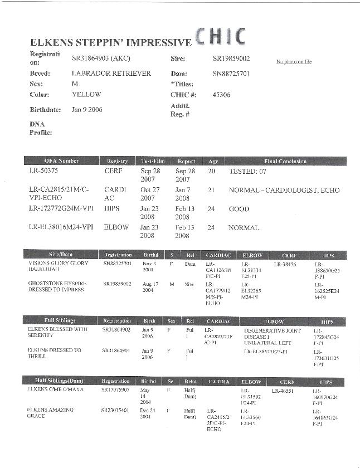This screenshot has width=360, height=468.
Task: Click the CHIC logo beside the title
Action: [220, 36]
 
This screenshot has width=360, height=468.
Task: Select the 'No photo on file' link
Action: [294, 62]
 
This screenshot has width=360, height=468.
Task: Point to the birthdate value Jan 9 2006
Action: [87, 110]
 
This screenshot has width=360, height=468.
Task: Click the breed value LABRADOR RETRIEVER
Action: [111, 73]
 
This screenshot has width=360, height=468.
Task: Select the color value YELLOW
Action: [86, 95]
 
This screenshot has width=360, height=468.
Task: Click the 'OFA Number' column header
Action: [61, 161]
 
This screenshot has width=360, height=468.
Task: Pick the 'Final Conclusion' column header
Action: [285, 161]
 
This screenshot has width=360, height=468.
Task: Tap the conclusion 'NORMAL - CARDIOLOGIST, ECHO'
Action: [284, 191]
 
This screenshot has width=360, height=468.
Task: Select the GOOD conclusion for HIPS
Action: [239, 209]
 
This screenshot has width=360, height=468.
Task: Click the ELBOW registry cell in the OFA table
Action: [116, 228]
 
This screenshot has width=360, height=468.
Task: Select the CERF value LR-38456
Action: [285, 264]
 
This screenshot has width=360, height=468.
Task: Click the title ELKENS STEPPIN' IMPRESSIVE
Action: [110, 42]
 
